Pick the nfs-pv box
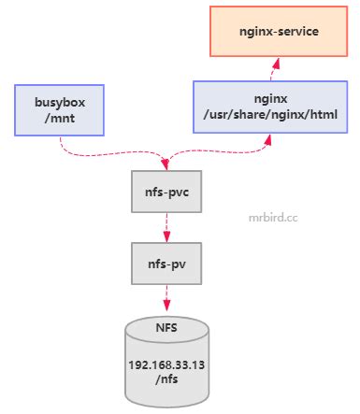166,264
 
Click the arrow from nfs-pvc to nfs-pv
166,227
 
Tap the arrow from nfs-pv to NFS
166,298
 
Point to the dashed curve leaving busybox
94,151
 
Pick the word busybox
60,100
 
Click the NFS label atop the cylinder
166,328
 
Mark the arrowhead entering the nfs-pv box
166,237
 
